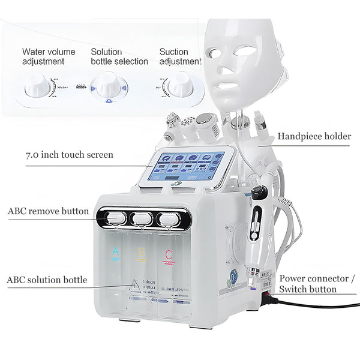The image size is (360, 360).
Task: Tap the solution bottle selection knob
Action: [109, 87]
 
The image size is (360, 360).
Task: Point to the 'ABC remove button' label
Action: [48, 211]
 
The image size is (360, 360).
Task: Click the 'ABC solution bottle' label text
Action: [47, 280]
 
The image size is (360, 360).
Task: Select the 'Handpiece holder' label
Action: [314, 136]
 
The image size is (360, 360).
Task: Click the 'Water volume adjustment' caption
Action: [49, 56]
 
